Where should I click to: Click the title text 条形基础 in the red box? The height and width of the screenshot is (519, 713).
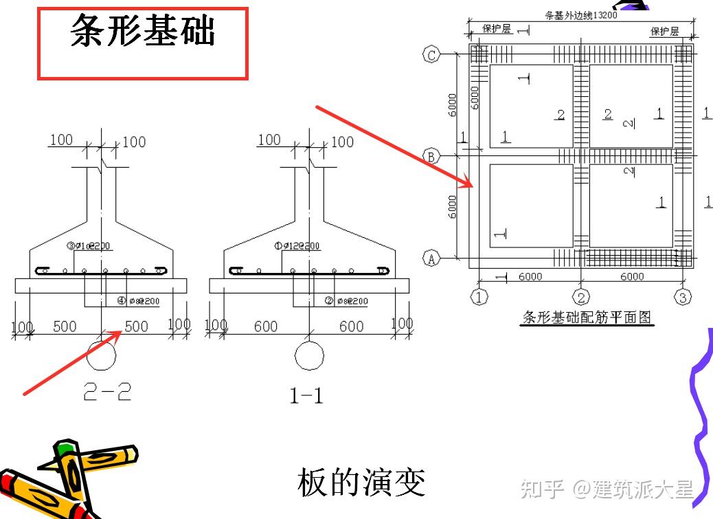[x=143, y=32]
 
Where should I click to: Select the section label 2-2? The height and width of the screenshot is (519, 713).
[x=107, y=392]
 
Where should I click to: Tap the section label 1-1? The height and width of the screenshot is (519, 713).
[x=306, y=395]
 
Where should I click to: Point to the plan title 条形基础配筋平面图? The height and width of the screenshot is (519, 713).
[x=588, y=318]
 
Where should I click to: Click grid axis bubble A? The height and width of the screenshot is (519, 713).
[x=431, y=258]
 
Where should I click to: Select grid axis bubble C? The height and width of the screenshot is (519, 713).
[x=431, y=55]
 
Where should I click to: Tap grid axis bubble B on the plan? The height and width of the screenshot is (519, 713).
[x=431, y=157]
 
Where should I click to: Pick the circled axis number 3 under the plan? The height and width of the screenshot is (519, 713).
[x=682, y=297]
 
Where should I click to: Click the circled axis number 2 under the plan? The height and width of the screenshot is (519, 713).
[x=581, y=297]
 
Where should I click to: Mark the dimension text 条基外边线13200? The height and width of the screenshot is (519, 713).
[x=580, y=14]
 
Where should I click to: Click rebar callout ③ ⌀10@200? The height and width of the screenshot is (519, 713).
[x=90, y=246]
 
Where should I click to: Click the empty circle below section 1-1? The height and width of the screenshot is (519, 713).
[x=308, y=355]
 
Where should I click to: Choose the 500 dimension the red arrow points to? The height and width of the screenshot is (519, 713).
[x=136, y=326]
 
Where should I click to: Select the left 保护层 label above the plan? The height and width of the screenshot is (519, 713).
[x=497, y=29]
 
